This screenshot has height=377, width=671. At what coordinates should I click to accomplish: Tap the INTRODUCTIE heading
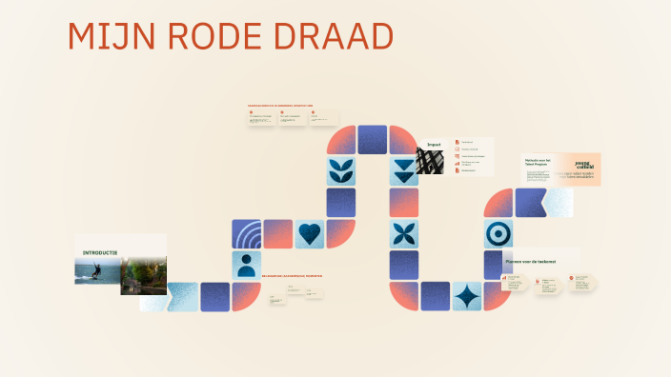(x=100, y=252)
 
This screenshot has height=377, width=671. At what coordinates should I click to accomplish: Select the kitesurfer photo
(x=97, y=271)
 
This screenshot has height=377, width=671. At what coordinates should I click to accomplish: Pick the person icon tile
(x=247, y=265)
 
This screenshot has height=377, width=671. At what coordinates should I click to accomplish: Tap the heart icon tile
(x=310, y=234)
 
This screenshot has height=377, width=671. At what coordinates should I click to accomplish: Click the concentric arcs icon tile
(x=247, y=234)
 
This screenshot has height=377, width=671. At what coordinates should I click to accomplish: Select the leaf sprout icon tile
(x=341, y=171)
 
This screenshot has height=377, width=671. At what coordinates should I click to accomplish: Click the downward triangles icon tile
(x=404, y=171)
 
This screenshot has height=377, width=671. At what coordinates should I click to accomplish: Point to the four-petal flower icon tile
(x=404, y=234)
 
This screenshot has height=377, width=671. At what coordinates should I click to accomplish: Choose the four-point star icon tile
(x=467, y=296)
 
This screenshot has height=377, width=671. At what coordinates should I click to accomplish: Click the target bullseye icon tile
(x=498, y=234)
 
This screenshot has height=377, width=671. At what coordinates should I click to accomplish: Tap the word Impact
(x=434, y=144)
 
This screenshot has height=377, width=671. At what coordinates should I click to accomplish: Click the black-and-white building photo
(x=431, y=161)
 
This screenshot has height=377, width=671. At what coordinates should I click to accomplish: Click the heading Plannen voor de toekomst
(x=530, y=260)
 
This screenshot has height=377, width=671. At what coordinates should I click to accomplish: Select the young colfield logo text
(x=583, y=164)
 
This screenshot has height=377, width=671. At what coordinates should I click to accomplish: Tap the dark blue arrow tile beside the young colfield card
(x=530, y=203)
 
